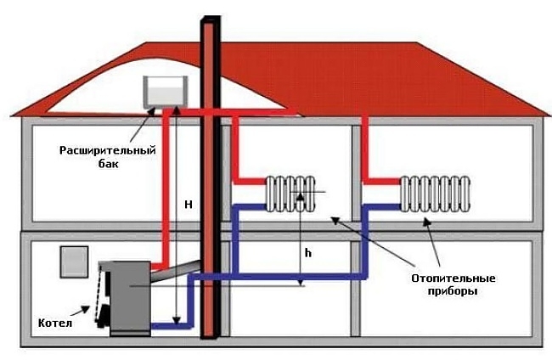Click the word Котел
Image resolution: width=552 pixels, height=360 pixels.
click(55, 323)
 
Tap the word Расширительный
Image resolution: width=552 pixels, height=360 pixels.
click(108, 150)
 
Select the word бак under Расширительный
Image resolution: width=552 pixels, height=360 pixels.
click(109, 164)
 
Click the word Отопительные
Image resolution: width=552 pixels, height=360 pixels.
click(453, 278)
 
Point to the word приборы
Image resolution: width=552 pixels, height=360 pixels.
click(453, 291)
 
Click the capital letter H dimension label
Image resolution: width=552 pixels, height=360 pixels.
click(189, 205)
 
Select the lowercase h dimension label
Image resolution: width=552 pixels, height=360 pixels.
click(308, 253)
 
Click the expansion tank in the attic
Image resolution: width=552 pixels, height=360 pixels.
click(165, 92)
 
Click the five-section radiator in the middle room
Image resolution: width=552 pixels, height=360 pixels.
click(290, 194)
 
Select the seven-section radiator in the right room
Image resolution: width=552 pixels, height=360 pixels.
click(436, 194)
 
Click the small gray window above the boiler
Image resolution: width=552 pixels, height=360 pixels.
click(74, 262)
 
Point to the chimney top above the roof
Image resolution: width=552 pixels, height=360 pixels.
click(211, 22)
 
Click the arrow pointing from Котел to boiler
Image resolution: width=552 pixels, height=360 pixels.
click(81, 311)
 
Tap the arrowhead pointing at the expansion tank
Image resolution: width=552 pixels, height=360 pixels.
click(151, 112)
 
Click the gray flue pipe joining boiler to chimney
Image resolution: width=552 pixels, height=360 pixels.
click(176, 270)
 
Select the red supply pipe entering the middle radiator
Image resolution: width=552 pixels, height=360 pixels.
click(249, 181)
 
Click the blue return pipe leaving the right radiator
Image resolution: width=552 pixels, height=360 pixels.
click(383, 207)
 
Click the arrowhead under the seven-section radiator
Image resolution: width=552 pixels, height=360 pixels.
click(426, 221)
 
